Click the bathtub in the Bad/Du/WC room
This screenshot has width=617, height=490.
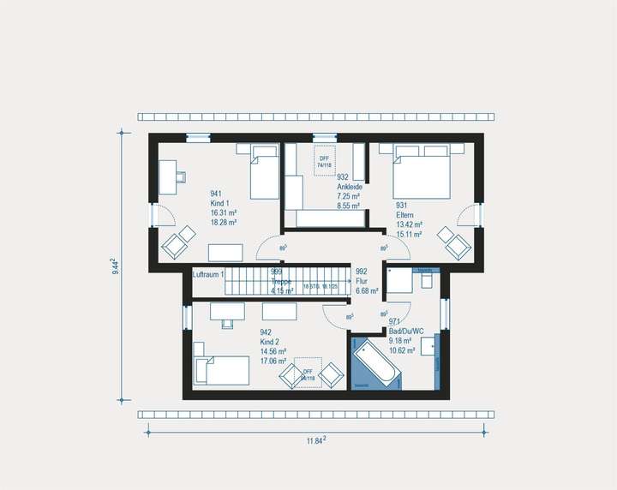375,363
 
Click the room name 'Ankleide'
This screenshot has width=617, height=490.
349,187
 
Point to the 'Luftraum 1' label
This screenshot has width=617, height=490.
208,274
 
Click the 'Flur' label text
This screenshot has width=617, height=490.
362,280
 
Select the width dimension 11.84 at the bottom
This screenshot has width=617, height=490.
316,441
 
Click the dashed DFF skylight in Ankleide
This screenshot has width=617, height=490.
325,162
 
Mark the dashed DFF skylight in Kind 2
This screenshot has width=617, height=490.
307,373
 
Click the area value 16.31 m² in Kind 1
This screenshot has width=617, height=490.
223,212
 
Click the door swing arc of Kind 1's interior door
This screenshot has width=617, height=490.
267,248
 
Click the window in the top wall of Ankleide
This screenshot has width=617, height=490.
325,137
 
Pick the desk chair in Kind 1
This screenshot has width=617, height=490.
181,177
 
